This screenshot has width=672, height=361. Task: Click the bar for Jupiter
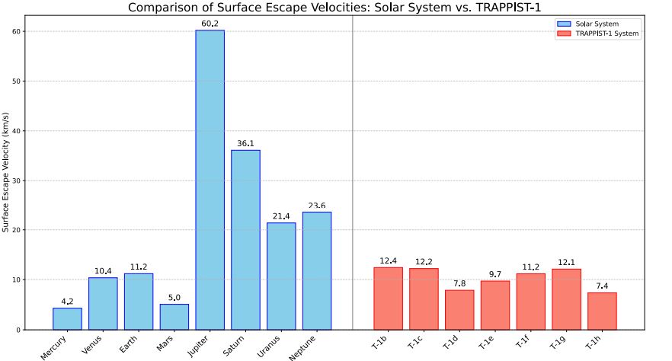210,180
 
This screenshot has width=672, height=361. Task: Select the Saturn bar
245,239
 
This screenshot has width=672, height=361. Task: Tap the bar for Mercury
67,318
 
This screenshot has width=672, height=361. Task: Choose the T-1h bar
602,311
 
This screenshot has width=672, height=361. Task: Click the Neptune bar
317,270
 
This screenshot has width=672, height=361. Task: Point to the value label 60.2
210,24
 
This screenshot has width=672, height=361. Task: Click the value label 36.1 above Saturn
245,143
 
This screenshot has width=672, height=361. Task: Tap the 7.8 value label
459,283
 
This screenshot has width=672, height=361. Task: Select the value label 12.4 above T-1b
388,260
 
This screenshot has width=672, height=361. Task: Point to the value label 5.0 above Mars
174,297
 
